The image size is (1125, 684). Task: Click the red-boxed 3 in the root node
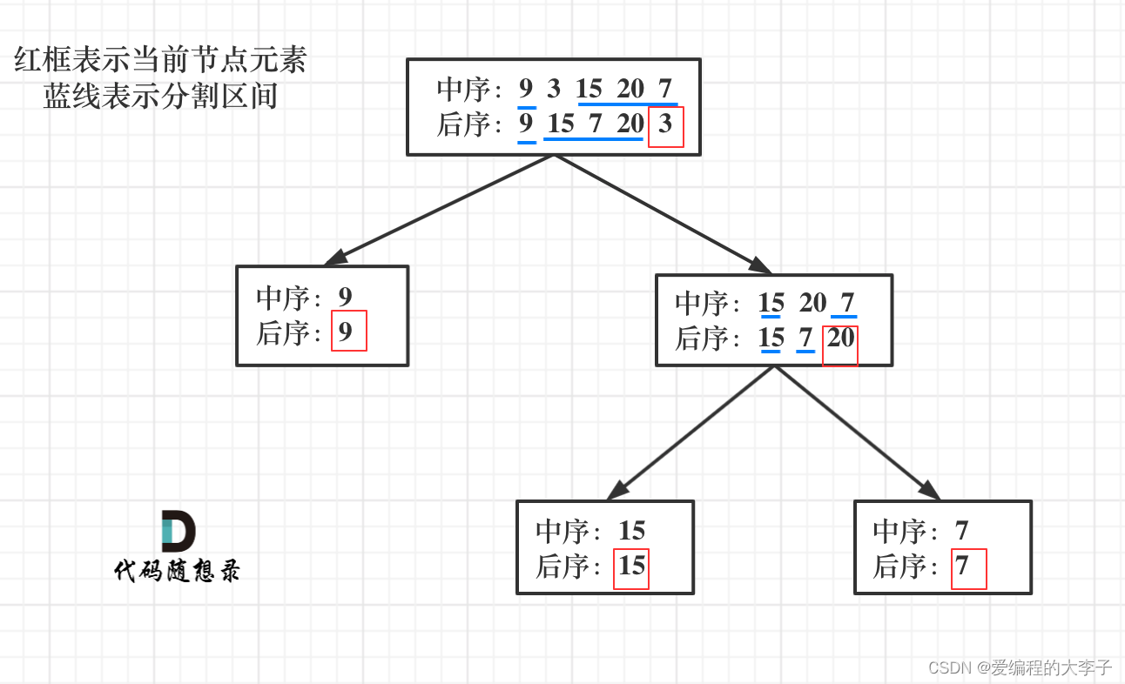pyautogui.click(x=666, y=124)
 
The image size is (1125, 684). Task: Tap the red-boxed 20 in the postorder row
pyautogui.click(x=840, y=339)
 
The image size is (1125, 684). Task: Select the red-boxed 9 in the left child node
pyautogui.click(x=347, y=332)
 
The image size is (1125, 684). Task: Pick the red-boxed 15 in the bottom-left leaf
pyautogui.click(x=631, y=567)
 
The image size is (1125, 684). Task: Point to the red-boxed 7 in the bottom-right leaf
pyautogui.click(x=963, y=567)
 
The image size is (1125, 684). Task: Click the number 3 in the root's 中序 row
pyautogui.click(x=554, y=89)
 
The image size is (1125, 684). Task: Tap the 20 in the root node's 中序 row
pyautogui.click(x=630, y=89)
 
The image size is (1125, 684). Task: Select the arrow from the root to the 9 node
pyautogui.click(x=439, y=210)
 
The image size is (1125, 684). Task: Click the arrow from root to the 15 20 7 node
pyautogui.click(x=662, y=214)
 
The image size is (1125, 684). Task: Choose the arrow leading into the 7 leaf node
pyautogui.click(x=857, y=433)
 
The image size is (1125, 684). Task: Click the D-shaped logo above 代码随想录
pyautogui.click(x=178, y=531)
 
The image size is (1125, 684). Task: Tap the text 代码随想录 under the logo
pyautogui.click(x=177, y=571)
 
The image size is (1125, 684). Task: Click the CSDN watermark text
pyautogui.click(x=1020, y=667)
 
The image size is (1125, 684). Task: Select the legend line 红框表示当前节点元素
pyautogui.click(x=161, y=61)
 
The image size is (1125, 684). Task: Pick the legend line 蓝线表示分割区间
pyautogui.click(x=161, y=97)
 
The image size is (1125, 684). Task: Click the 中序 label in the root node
pyautogui.click(x=462, y=89)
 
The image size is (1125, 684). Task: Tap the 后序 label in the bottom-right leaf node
pyautogui.click(x=899, y=567)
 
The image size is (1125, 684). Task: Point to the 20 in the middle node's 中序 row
pyautogui.click(x=812, y=303)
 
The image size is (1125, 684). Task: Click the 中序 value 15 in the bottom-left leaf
pyautogui.click(x=631, y=531)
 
